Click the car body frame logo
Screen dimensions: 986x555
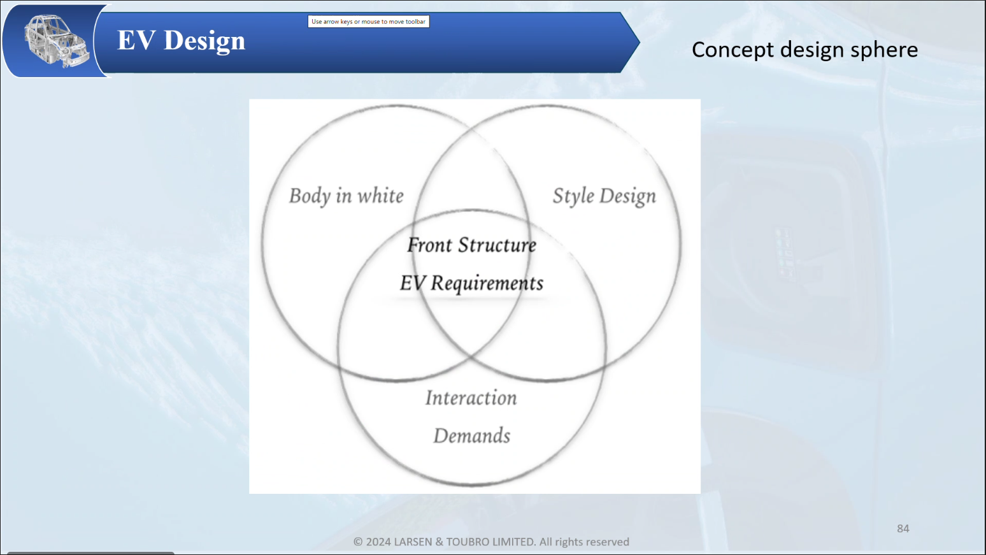coord(57,41)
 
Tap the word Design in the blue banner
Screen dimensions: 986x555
coord(204,41)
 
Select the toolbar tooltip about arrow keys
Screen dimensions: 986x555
coord(368,21)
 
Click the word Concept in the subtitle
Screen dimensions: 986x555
coord(732,50)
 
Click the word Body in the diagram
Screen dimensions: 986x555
coord(310,196)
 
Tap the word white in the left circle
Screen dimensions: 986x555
coord(380,196)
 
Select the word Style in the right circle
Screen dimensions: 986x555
coord(573,196)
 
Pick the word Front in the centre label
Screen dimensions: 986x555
coord(429,245)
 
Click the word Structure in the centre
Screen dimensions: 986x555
coord(497,245)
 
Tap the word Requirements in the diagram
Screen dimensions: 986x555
coord(487,283)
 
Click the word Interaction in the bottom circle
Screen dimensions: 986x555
coord(471,398)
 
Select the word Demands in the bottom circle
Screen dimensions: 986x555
coord(472,436)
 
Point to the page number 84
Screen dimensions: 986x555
coord(903,529)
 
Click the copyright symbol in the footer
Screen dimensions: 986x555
coord(358,542)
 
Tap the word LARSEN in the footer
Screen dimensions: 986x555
coord(413,542)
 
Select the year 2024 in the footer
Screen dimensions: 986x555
coord(378,542)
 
